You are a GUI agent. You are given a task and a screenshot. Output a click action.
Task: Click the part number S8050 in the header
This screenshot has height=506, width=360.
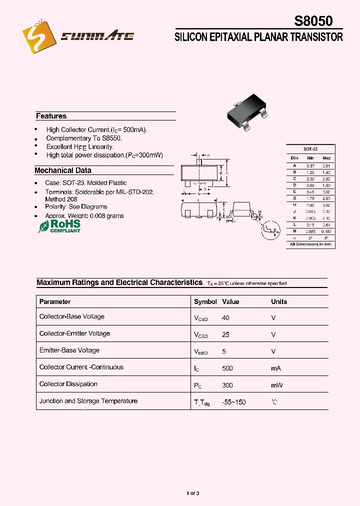(313, 21)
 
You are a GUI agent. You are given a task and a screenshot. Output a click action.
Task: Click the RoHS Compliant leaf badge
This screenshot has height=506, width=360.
(59, 226)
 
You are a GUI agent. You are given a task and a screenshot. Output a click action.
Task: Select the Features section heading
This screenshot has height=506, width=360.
(51, 116)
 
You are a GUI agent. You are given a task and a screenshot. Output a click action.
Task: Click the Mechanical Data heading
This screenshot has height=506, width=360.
(62, 170)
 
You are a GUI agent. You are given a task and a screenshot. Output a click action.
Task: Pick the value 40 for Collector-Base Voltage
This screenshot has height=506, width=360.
(225, 317)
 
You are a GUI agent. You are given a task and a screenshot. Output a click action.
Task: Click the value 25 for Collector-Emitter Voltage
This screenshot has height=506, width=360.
(225, 334)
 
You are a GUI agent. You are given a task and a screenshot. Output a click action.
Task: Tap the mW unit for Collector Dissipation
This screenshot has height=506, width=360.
(276, 385)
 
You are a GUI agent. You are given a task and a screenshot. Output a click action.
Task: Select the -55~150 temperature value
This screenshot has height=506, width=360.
(234, 402)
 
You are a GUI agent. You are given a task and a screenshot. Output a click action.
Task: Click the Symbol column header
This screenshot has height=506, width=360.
(205, 301)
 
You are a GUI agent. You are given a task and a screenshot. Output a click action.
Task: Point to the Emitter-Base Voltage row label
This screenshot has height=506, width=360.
(69, 350)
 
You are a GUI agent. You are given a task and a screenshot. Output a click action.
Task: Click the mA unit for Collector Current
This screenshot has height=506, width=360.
(276, 368)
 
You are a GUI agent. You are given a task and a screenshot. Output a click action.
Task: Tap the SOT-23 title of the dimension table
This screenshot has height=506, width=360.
(310, 149)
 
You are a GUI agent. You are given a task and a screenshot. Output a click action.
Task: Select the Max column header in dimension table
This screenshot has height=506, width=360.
(326, 158)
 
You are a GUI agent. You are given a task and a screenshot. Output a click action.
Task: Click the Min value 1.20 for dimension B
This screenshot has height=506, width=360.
(310, 172)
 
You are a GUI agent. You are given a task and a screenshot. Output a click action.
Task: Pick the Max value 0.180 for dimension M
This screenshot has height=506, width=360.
(326, 231)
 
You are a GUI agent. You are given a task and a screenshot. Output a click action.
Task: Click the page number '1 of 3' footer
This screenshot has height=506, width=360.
(193, 493)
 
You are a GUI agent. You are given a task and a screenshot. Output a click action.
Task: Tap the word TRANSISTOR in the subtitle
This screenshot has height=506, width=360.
(317, 37)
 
